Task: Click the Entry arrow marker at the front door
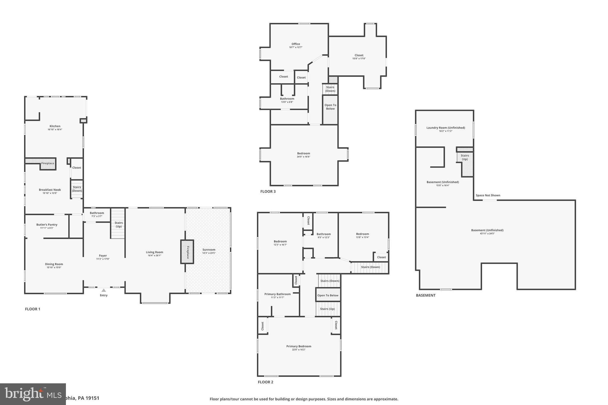(104, 290)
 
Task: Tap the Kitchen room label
(55, 126)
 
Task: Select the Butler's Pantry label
(47, 225)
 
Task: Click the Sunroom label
(209, 250)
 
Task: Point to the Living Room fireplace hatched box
(187, 252)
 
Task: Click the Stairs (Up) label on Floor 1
(119, 224)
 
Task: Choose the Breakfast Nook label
(50, 190)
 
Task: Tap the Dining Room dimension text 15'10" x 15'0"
(54, 268)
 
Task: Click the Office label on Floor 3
(296, 44)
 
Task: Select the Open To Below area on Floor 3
(330, 107)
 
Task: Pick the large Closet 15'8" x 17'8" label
(359, 55)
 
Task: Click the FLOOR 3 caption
(268, 192)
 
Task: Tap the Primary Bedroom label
(299, 346)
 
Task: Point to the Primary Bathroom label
(278, 294)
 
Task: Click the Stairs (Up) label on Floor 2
(327, 309)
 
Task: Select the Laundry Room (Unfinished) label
(446, 128)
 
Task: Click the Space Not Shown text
(488, 195)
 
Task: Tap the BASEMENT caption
(426, 295)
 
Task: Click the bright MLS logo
(33, 394)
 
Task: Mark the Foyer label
(103, 256)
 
